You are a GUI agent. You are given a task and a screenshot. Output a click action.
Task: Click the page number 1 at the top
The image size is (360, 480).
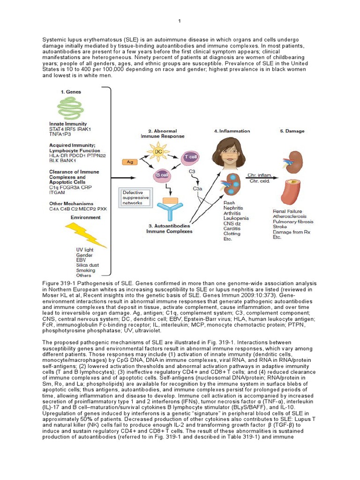point(179,21)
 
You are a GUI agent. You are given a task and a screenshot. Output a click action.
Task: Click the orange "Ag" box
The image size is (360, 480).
point(129,162)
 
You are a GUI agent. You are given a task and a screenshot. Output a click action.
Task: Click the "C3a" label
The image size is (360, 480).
point(198,188)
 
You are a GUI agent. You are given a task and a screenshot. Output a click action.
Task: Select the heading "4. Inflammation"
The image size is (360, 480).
point(232,131)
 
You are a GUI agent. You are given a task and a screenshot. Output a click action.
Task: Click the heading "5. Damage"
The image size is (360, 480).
point(292,131)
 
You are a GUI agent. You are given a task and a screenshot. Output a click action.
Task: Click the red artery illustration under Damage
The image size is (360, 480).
point(292,193)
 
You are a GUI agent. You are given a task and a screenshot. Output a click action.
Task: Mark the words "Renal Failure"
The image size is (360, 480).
point(287,211)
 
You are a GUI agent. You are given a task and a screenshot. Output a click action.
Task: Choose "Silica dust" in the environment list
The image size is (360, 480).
point(88,265)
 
